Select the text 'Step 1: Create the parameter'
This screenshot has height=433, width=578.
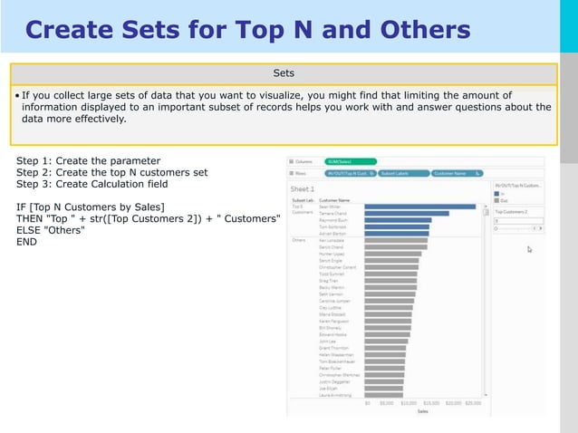88,160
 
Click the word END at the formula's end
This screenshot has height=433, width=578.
27,242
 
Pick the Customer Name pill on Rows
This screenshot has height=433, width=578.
453,172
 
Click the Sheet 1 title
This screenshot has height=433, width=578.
302,189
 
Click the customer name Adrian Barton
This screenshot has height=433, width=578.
334,233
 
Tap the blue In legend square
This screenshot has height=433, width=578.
496,193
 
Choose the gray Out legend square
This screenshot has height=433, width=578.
496,200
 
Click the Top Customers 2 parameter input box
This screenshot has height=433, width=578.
516,220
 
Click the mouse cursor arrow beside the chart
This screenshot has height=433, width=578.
529,248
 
